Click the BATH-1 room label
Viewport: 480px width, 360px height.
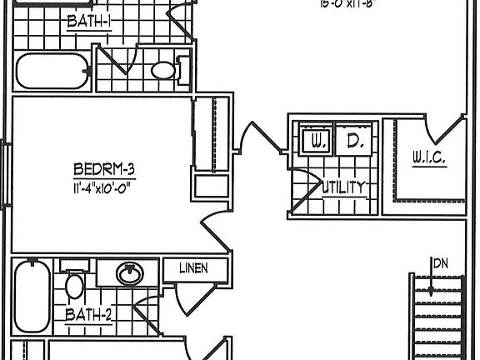point(89,22)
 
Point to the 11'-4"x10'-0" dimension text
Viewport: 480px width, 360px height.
point(103,187)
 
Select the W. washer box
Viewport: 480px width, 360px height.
point(317,142)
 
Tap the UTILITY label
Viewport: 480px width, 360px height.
point(343,188)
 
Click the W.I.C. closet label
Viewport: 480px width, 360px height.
point(429,157)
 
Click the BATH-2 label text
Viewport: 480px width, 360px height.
point(88,315)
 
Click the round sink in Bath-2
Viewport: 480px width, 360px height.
point(128,272)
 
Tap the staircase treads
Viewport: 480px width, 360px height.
point(442,317)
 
